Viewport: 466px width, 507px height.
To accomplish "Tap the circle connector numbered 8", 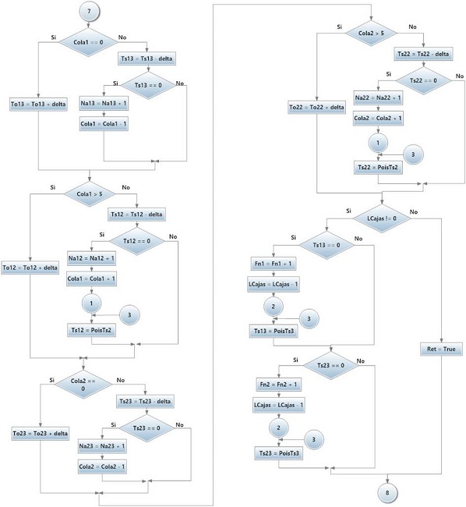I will click(x=387, y=491).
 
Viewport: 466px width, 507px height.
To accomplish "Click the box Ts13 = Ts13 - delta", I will click(x=147, y=58).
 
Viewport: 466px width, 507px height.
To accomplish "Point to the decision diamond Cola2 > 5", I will click(x=370, y=34).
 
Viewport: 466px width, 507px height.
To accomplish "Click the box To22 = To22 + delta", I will click(x=316, y=108).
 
